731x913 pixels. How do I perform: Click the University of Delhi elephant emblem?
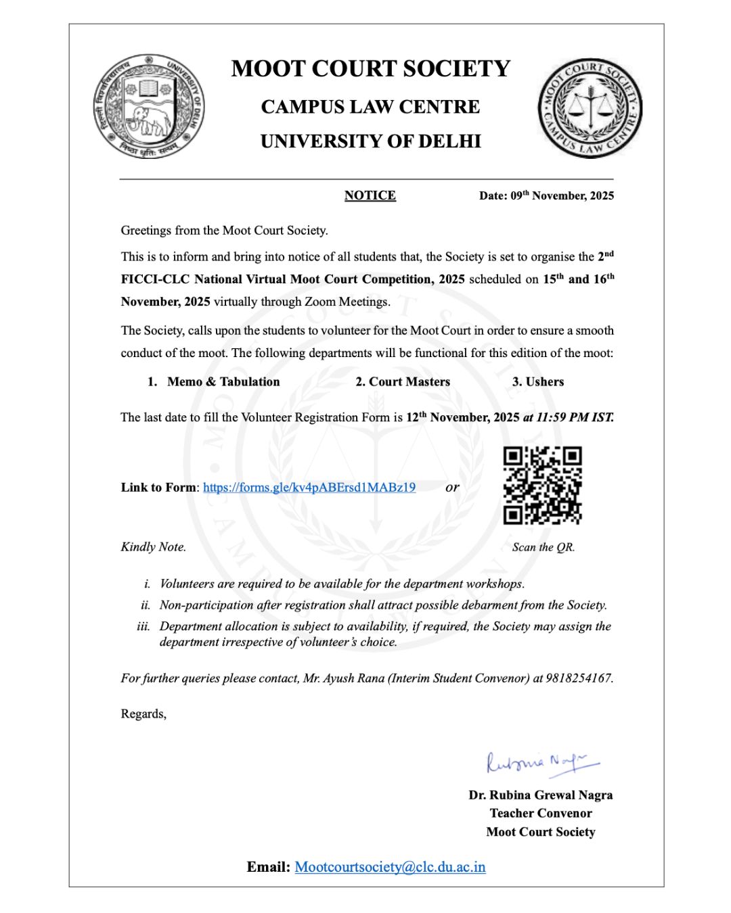[x=149, y=107]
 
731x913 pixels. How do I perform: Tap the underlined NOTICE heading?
[x=370, y=195]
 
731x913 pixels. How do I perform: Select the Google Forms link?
[x=309, y=487]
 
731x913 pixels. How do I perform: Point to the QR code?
[x=542, y=485]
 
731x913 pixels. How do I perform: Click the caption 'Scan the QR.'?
[x=544, y=547]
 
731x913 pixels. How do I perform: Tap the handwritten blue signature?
[x=541, y=763]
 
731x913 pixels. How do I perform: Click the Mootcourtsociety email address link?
[x=390, y=867]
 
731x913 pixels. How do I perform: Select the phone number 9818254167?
[x=579, y=678]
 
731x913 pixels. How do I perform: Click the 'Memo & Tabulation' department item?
[x=223, y=381]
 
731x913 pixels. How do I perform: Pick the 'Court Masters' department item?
[x=409, y=381]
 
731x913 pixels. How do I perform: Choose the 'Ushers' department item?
[x=544, y=381]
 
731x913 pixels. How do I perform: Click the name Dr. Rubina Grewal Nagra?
[x=541, y=795]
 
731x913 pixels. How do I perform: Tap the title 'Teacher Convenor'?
[x=541, y=813]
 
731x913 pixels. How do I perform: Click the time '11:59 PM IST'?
[x=575, y=417]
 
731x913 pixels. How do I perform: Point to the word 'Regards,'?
[x=143, y=713]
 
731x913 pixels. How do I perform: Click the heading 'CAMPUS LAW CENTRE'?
[x=370, y=107]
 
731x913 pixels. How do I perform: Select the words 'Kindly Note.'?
[x=154, y=546]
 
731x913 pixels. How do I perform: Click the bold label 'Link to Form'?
[x=158, y=487]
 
